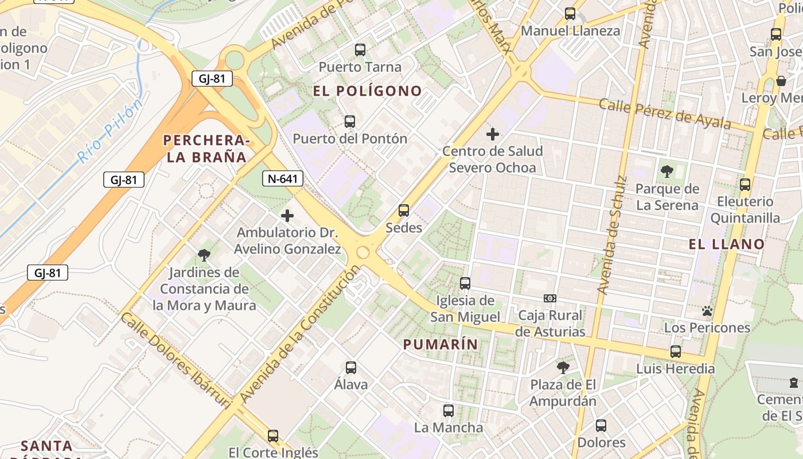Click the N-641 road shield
pyautogui.click(x=283, y=178)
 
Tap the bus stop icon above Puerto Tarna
pyautogui.click(x=360, y=50)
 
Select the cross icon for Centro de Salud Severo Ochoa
pyautogui.click(x=492, y=134)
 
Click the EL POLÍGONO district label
pyautogui.click(x=368, y=91)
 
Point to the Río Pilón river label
pyautogui.click(x=110, y=131)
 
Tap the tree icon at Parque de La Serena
pyautogui.click(x=666, y=171)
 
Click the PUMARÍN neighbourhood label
pyautogui.click(x=441, y=344)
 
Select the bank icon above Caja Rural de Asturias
pyautogui.click(x=549, y=298)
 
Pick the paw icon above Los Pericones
pyautogui.click(x=707, y=311)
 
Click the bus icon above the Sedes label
pyautogui.click(x=404, y=211)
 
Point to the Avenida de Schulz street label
pyautogui.click(x=611, y=235)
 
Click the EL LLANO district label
pyautogui.click(x=727, y=244)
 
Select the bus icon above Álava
pyautogui.click(x=350, y=367)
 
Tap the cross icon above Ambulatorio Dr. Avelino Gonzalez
pyautogui.click(x=287, y=216)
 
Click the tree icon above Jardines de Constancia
pyautogui.click(x=204, y=255)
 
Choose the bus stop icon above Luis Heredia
pyautogui.click(x=676, y=352)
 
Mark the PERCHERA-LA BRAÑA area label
pyautogui.click(x=206, y=149)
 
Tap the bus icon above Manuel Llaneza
pyautogui.click(x=570, y=14)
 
